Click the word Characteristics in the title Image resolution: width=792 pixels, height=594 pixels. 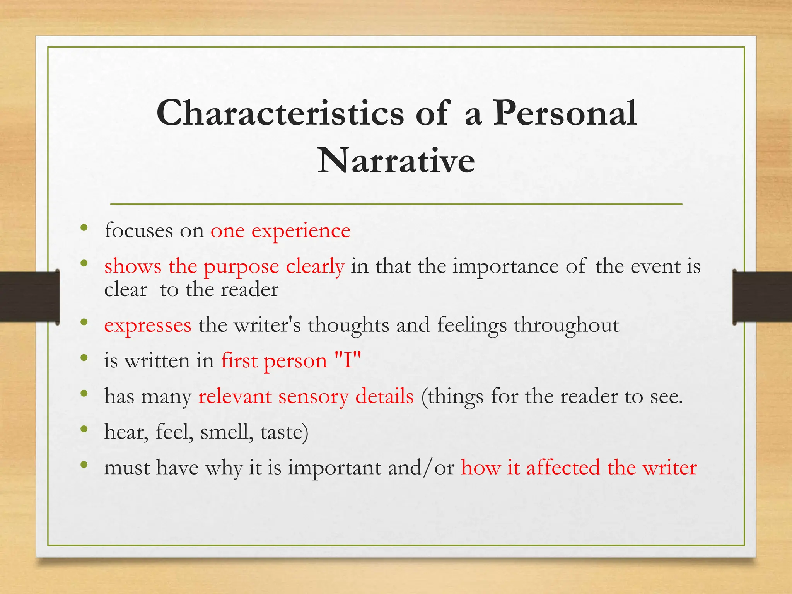point(280,113)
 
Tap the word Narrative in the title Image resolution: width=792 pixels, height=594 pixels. point(396,160)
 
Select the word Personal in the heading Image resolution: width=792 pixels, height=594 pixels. point(565,113)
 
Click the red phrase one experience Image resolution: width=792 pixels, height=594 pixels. point(280,231)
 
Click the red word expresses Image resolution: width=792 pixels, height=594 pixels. point(148,325)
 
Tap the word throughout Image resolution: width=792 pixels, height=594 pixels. point(567,325)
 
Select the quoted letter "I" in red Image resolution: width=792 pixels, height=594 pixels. point(347,360)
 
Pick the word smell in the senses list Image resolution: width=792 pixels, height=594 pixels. point(227,432)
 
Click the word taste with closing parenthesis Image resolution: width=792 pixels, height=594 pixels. point(284,432)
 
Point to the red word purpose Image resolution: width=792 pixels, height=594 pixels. point(241,267)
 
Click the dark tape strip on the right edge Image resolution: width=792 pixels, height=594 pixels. point(762,297)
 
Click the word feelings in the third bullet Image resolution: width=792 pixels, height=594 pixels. point(472,325)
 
